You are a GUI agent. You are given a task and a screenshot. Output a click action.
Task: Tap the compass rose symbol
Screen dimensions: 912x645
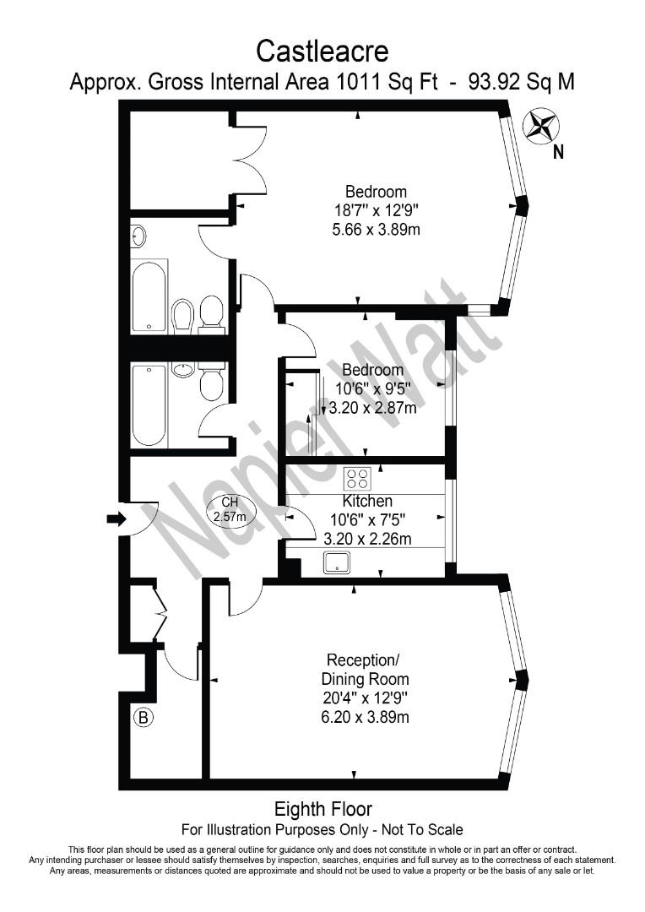coord(541,127)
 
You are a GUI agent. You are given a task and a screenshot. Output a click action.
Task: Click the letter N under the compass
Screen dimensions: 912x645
coord(558,153)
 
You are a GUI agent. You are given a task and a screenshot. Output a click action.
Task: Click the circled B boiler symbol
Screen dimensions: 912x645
coord(144,719)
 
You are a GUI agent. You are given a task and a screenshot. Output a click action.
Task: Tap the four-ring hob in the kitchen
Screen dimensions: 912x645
coord(357,479)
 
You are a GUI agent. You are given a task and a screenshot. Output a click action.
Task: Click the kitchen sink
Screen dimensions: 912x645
coord(337,562)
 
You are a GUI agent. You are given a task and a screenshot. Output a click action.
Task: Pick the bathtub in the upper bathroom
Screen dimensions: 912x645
coord(149,296)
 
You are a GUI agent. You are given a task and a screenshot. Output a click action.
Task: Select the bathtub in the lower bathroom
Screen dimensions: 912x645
coord(149,404)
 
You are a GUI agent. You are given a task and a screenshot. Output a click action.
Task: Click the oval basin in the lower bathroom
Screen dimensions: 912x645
coord(183,369)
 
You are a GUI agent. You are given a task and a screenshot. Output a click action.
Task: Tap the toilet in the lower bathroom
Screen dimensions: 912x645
coord(211,384)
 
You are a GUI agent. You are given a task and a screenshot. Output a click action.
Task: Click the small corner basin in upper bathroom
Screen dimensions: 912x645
coord(139,236)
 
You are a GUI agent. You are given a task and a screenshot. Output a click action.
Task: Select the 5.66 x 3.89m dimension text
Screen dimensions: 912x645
coord(377,228)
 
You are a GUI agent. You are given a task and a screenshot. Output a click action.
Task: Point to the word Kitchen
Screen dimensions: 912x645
coord(367,502)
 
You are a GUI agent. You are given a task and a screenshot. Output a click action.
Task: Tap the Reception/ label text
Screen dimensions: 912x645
coord(361,660)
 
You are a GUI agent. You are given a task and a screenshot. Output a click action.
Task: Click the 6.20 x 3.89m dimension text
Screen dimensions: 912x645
coord(366,717)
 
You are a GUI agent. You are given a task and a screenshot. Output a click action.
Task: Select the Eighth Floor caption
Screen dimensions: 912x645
coord(323,809)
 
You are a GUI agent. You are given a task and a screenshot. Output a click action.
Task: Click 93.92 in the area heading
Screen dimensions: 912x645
coord(496,82)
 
